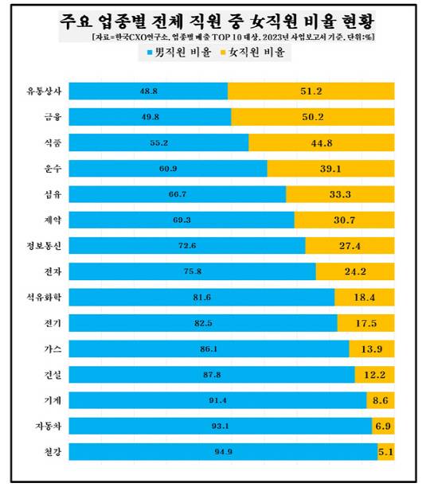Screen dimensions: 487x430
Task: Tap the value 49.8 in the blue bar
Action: [x=148, y=117]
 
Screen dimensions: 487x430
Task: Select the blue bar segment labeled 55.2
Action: [x=159, y=142]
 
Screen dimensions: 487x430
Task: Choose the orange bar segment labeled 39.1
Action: [x=330, y=168]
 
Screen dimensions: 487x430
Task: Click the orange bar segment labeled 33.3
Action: [x=340, y=194]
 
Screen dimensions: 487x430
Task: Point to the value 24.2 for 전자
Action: [x=354, y=271]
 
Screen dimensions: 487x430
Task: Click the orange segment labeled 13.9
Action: [x=371, y=348]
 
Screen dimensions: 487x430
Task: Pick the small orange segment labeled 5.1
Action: [x=386, y=451]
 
